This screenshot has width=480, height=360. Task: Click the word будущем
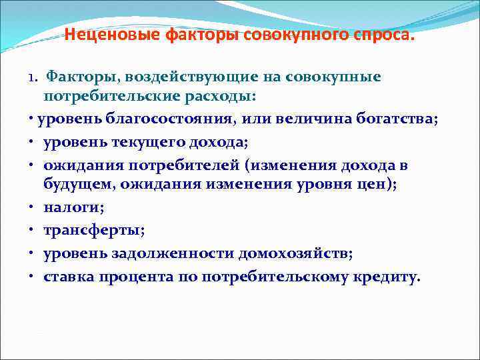pos(79,184)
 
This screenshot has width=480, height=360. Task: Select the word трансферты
pos(93,230)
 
